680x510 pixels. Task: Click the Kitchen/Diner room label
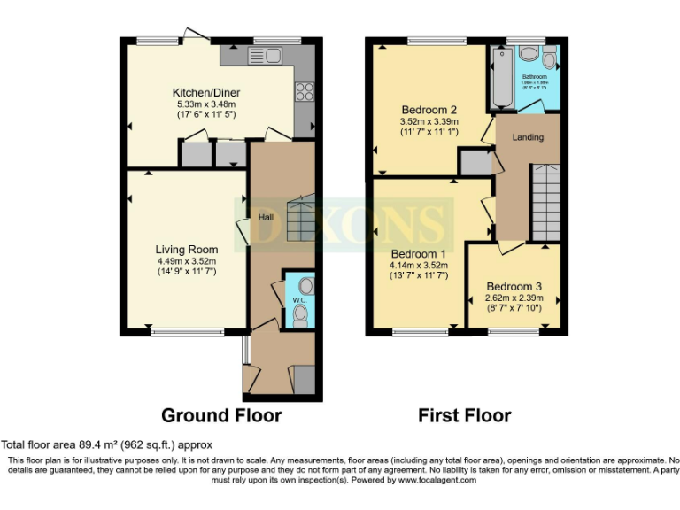[206, 93]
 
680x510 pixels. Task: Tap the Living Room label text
[187, 250]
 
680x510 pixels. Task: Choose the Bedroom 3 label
[514, 287]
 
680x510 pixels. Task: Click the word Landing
[528, 137]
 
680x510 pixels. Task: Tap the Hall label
[265, 216]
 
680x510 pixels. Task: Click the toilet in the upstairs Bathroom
[549, 60]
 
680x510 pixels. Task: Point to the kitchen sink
[265, 56]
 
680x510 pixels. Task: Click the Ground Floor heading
[221, 415]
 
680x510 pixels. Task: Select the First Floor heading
[466, 415]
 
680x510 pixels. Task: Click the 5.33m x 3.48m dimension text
[206, 104]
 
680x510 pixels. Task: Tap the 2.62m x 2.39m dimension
[514, 298]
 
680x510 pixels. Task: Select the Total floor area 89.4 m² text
[106, 445]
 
